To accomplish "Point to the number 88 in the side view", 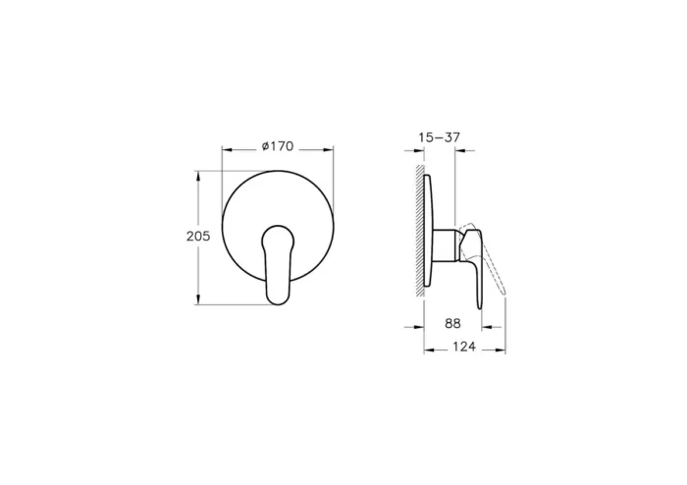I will (x=452, y=321).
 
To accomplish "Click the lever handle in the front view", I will (x=278, y=261).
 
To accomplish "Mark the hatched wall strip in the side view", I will (x=420, y=231).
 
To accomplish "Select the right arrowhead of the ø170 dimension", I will (x=329, y=151).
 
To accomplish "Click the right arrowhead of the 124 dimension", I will (x=502, y=349).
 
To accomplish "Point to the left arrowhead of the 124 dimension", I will (x=427, y=349).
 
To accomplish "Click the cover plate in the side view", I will (x=430, y=231).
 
